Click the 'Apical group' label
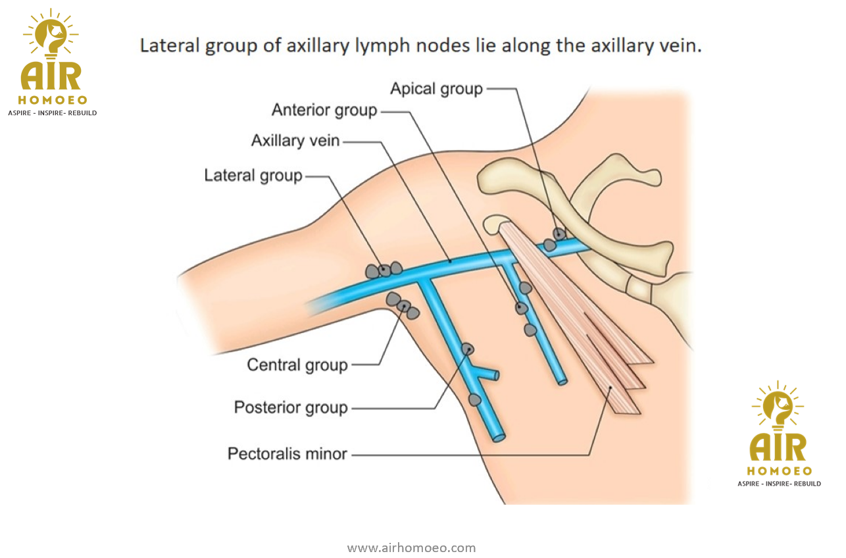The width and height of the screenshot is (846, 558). pyautogui.click(x=436, y=88)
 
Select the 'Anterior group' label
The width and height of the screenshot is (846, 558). pyautogui.click(x=324, y=110)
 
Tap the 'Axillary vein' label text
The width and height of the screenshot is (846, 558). pyautogui.click(x=295, y=140)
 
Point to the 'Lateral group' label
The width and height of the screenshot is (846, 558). pyautogui.click(x=253, y=175)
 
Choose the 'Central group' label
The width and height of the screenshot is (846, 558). pyautogui.click(x=297, y=365)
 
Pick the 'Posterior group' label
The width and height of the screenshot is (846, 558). pyautogui.click(x=291, y=407)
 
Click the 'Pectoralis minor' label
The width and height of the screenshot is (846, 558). pyautogui.click(x=287, y=453)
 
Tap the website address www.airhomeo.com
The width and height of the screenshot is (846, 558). pyautogui.click(x=411, y=547)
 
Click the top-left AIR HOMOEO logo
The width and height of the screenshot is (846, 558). pyautogui.click(x=51, y=59)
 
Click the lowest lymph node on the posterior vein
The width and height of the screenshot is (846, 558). pyautogui.click(x=474, y=399)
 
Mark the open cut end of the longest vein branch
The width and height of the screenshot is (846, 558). pyautogui.click(x=499, y=437)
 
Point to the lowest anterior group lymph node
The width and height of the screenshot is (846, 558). pyautogui.click(x=530, y=330)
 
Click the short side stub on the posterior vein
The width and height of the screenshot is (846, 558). pyautogui.click(x=491, y=375)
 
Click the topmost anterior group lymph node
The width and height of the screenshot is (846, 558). pyautogui.click(x=525, y=288)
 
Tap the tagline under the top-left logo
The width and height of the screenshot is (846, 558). pyautogui.click(x=52, y=113)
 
